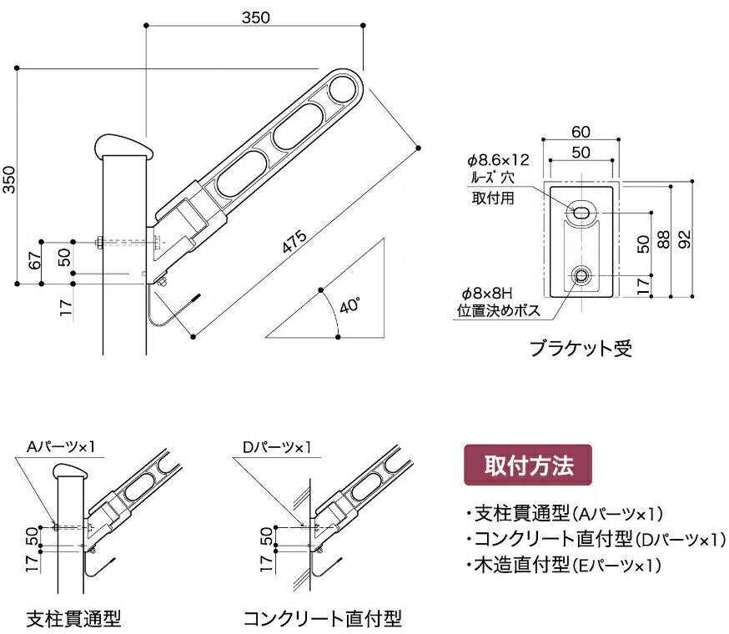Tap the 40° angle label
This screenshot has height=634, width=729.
tap(349, 306)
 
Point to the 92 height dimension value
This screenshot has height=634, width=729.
tap(684, 239)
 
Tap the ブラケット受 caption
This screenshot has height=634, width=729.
tap(581, 348)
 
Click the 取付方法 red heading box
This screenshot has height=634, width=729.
tap(527, 465)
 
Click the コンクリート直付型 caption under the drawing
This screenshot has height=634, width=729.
tap(322, 618)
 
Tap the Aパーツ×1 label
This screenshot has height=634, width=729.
tap(65, 447)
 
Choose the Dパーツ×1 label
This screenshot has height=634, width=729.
tap(277, 447)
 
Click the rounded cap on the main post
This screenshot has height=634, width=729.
tap(124, 147)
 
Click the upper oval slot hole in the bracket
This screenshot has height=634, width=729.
tap(581, 213)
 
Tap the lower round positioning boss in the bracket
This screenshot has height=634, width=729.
tap(581, 274)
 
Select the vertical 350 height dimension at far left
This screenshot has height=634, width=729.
tap(8, 176)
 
